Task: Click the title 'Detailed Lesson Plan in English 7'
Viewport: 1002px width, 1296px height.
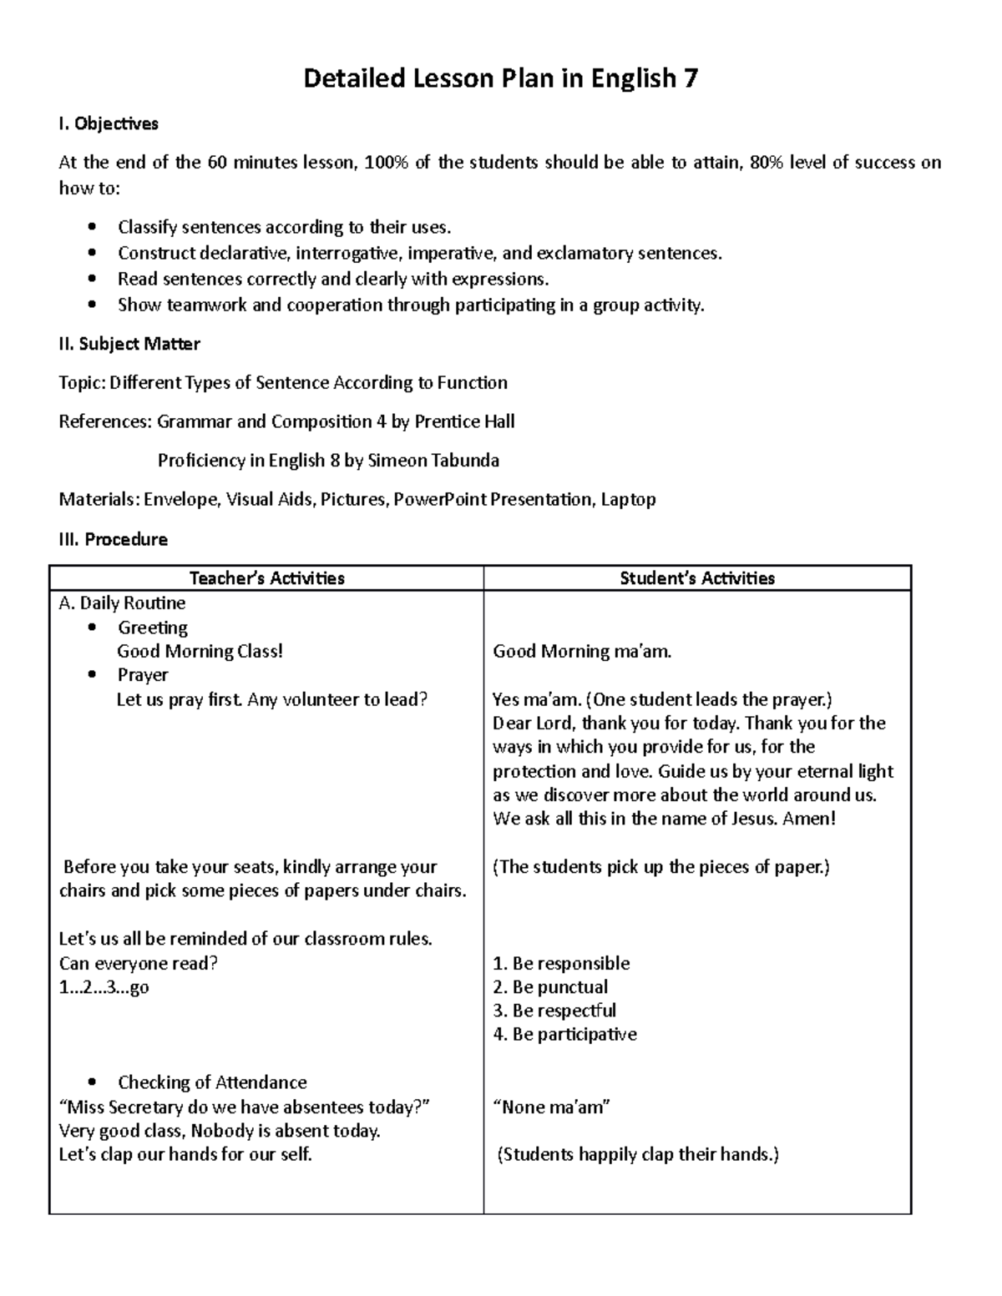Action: coord(500,78)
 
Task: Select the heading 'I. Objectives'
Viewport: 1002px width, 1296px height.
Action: coord(109,124)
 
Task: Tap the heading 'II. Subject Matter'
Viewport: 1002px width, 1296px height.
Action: coord(129,344)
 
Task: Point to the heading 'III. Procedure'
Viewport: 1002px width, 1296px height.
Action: coord(113,539)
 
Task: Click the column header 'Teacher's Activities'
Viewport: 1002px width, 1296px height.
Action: coord(266,577)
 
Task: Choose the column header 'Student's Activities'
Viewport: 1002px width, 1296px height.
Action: coord(697,577)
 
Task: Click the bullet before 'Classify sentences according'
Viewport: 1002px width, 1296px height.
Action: coord(92,227)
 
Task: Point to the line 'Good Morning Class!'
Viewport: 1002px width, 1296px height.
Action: coord(200,651)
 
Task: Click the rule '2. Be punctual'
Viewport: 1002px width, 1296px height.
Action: coord(550,986)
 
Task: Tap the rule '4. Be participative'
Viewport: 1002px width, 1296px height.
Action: coord(564,1034)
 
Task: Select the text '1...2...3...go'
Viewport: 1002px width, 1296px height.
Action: coord(104,987)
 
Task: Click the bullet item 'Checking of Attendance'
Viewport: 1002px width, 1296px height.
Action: coord(212,1082)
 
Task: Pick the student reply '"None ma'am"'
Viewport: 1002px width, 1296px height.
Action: coord(552,1107)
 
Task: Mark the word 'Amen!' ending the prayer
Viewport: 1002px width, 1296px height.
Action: coord(809,818)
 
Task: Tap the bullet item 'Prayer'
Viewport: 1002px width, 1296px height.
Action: coord(143,674)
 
